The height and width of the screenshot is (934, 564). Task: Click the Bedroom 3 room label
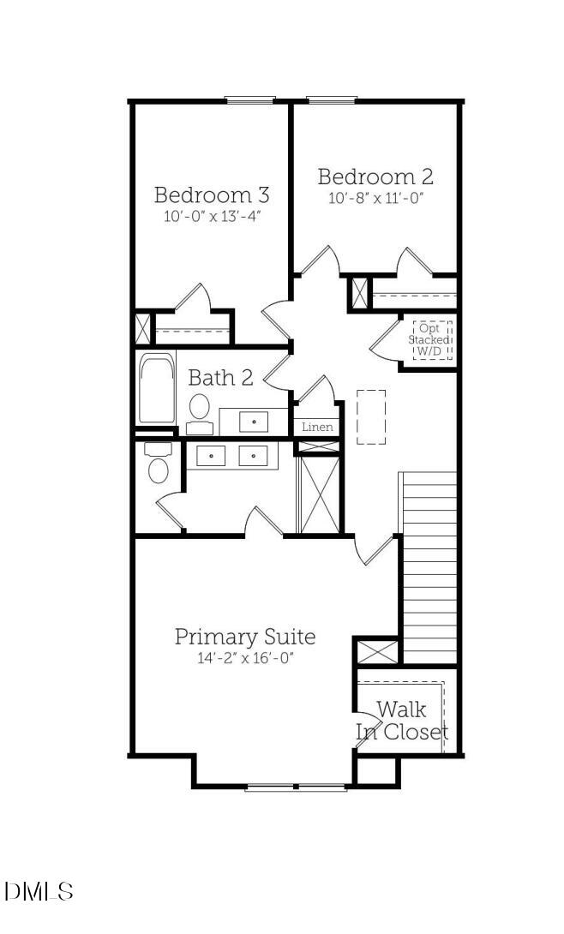(211, 194)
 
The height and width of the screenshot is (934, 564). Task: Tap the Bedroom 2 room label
(375, 177)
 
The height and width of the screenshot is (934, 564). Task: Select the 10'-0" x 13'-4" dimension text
(212, 217)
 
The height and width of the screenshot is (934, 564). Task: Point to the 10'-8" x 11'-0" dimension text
(375, 199)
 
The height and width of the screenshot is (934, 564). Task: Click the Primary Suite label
(245, 637)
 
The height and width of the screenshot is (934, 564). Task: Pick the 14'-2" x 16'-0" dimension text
(245, 659)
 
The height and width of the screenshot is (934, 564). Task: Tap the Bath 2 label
(220, 377)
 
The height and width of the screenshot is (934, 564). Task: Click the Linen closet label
(317, 427)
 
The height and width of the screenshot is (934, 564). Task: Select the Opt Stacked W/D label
(433, 339)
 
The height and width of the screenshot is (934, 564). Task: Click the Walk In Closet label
(402, 721)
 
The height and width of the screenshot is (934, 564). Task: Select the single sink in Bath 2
(254, 421)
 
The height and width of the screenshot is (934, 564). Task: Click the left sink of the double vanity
(211, 456)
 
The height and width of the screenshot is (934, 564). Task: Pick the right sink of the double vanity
(254, 456)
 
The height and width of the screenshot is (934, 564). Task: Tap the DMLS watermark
(39, 891)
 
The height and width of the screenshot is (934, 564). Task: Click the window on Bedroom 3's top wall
(249, 100)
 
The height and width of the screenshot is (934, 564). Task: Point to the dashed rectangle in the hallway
(370, 417)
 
